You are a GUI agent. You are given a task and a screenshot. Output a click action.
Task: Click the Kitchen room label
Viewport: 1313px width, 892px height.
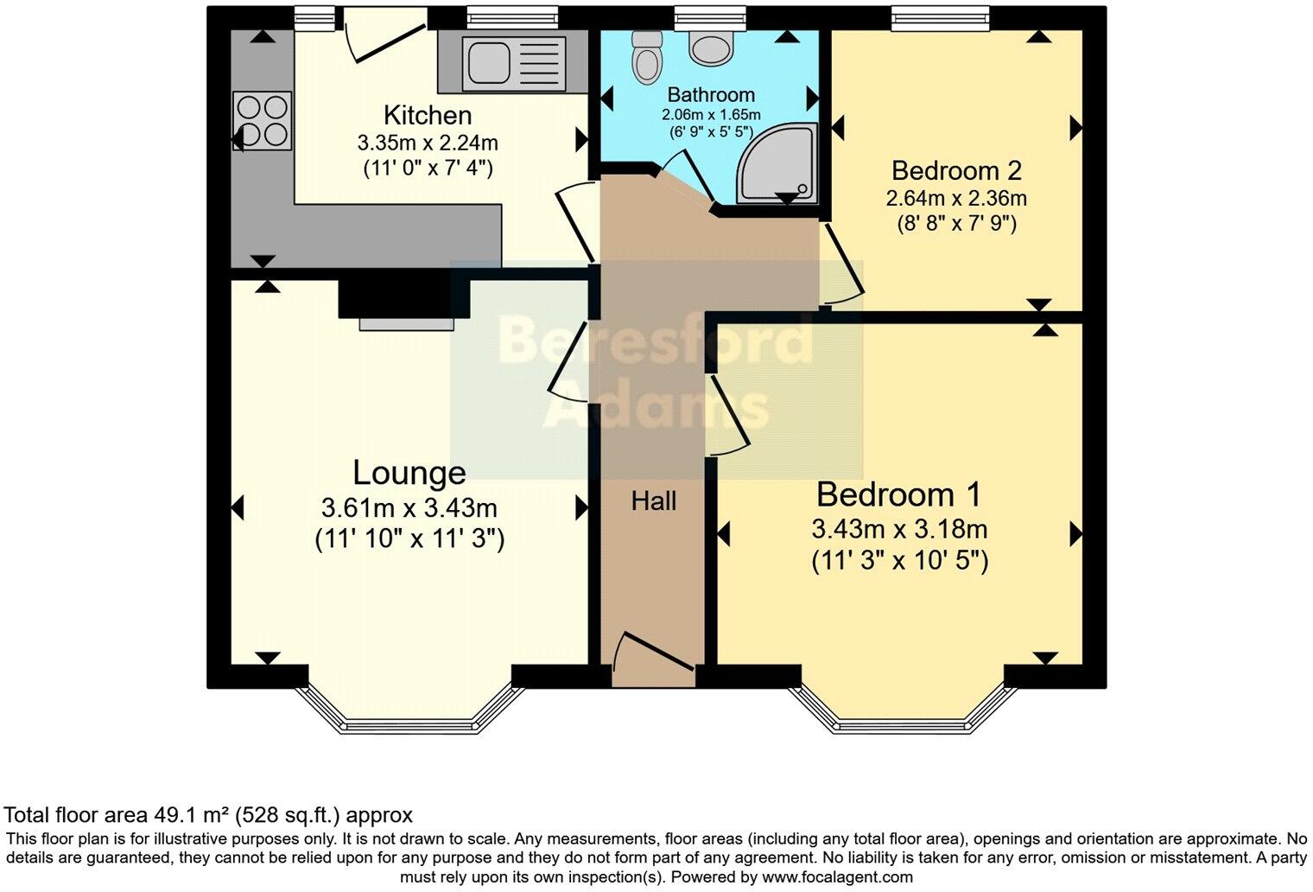point(428,116)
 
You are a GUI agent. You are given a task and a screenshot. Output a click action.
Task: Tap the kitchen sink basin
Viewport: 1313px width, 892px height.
point(487,64)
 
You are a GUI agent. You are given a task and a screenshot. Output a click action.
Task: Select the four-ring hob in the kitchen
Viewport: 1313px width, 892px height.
point(262,121)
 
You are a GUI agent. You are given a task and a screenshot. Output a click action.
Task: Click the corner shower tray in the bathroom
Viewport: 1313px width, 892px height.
point(777,163)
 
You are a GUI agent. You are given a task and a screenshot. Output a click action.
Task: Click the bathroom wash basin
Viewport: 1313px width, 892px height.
point(711,47)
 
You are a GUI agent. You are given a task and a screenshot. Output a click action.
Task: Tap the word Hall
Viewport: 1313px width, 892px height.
point(654,501)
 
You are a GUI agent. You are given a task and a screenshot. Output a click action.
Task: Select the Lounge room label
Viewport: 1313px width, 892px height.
point(409,474)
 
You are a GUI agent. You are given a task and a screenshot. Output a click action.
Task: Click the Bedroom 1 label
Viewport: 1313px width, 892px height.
point(898,494)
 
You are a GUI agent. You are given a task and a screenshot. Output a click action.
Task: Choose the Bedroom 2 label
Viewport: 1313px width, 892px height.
point(956,170)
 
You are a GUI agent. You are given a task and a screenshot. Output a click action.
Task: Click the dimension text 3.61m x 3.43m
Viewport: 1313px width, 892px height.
point(409,508)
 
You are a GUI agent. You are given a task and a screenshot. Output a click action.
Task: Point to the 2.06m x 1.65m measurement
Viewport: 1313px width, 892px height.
point(711,114)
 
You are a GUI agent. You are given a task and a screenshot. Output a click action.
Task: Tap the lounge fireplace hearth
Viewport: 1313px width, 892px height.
point(406,324)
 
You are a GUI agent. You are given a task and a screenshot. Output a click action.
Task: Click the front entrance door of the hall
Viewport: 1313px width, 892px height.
point(653,659)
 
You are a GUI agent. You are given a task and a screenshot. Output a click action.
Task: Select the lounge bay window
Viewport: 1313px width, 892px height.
point(409,710)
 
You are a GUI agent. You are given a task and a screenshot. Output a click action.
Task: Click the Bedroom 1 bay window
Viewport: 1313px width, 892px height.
point(903,710)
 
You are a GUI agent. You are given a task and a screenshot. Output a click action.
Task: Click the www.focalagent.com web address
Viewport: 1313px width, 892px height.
point(837,877)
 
